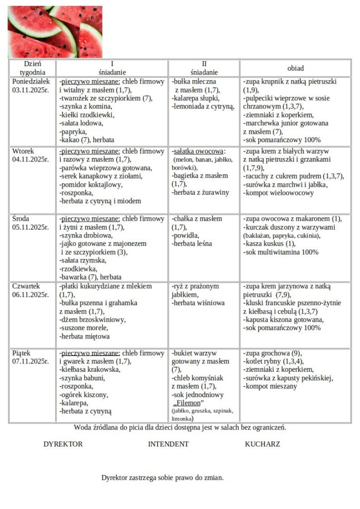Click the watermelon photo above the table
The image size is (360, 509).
(55, 32)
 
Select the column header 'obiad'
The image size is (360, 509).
(295, 68)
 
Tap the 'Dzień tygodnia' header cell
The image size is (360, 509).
(32, 68)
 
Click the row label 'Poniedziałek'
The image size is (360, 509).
(31, 81)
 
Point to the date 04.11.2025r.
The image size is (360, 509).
(30, 160)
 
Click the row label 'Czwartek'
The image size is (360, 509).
(27, 286)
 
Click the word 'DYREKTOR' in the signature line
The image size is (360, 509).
(63, 444)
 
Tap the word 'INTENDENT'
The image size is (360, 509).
(168, 444)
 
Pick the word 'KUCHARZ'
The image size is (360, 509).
(262, 444)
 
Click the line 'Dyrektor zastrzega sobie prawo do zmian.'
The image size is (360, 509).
(163, 478)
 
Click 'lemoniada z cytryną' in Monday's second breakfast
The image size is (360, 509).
(202, 106)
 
